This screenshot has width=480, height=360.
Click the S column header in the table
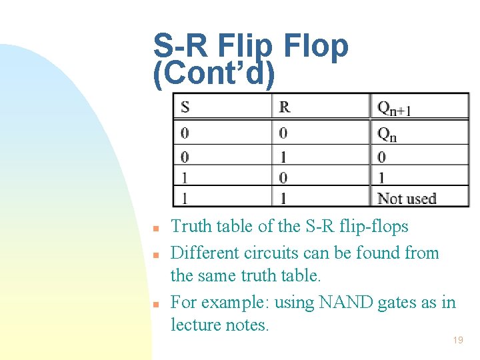tap(185, 107)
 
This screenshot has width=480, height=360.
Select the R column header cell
tap(285, 107)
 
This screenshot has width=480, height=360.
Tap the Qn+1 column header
tap(393, 107)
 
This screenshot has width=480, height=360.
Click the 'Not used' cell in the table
tap(407, 198)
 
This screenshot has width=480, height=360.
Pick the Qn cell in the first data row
tap(387, 134)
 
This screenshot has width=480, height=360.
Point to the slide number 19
tap(458, 340)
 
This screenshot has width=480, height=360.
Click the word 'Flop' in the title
tap(315, 46)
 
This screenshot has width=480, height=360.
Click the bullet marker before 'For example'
tap(154, 305)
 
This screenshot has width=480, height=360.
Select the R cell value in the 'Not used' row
tap(283, 198)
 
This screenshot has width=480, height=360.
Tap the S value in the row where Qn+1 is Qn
tap(185, 133)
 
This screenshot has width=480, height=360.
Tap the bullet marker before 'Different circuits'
tap(154, 255)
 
